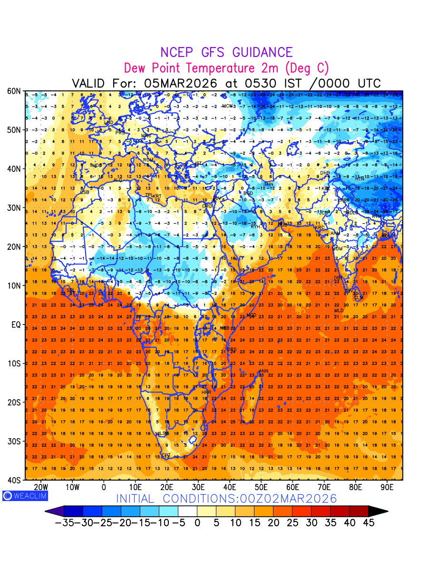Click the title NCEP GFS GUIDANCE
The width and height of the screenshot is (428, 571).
point(226,52)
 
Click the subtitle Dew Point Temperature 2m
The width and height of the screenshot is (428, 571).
point(226,68)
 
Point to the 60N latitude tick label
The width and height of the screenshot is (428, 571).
point(13,91)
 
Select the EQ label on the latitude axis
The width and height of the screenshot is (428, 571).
point(15,325)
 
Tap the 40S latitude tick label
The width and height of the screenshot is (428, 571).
point(13,480)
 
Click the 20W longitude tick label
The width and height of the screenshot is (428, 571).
point(41,487)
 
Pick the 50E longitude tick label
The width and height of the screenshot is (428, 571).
point(261,487)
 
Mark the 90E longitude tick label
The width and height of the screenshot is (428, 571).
point(387,487)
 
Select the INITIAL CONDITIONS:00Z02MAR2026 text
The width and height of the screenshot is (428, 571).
point(226,499)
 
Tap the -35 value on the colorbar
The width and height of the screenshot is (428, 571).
point(64,522)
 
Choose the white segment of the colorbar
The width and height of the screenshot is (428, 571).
point(187,511)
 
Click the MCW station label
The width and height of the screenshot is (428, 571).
point(227,106)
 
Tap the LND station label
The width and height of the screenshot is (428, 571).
point(109,123)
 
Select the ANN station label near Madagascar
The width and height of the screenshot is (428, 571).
point(263,371)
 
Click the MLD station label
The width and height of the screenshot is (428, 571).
point(339,311)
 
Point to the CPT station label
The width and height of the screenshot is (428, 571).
point(166,455)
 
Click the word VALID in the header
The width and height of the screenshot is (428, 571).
point(91,83)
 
